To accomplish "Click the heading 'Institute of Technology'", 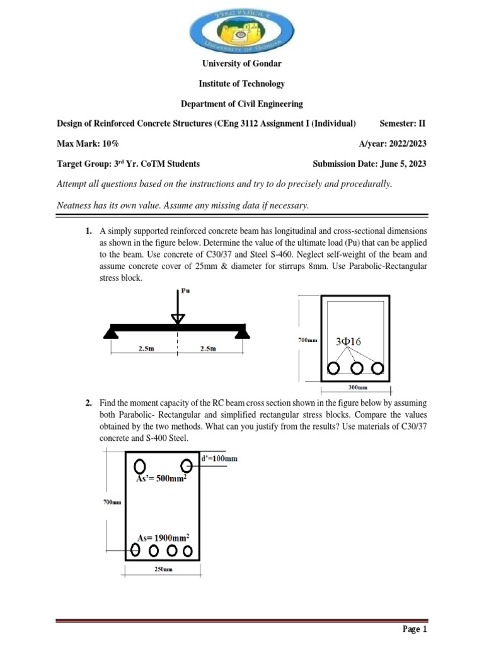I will pos(242,84).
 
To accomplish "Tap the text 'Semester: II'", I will pos(403,123).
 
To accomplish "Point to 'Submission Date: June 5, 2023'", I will pos(369,164).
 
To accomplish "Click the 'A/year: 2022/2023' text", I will pos(393,143).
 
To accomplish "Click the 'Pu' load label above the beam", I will pos(185,291).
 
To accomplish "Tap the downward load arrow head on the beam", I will pos(178,318).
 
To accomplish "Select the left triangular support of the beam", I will pos(112,331).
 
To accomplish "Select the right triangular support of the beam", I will pos(242,331).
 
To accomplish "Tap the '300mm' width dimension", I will pos(357,389).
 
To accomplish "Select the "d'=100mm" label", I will pos(219,459).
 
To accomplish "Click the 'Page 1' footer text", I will pos(415,629).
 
